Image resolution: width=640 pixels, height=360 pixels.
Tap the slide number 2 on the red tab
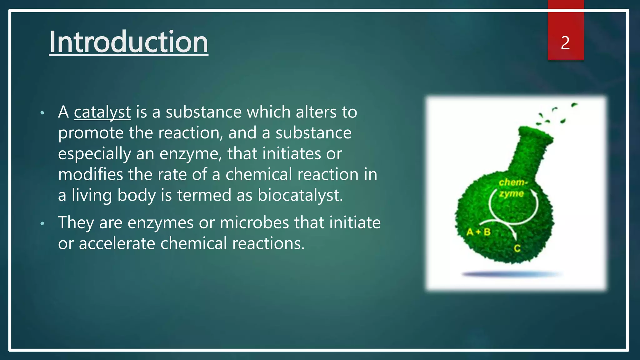pos(565,43)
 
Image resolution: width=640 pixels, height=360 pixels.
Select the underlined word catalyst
pos(102,112)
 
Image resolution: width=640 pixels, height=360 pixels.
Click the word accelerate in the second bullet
pos(117,243)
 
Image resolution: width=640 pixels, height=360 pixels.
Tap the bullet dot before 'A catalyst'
pos(42,113)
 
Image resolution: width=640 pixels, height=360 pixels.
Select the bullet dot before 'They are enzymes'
pos(42,223)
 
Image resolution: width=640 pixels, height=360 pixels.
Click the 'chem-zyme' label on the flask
pos(512,188)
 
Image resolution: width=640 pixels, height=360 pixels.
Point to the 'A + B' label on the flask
pos(478,232)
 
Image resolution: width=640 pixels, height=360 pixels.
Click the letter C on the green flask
pos(517,248)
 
